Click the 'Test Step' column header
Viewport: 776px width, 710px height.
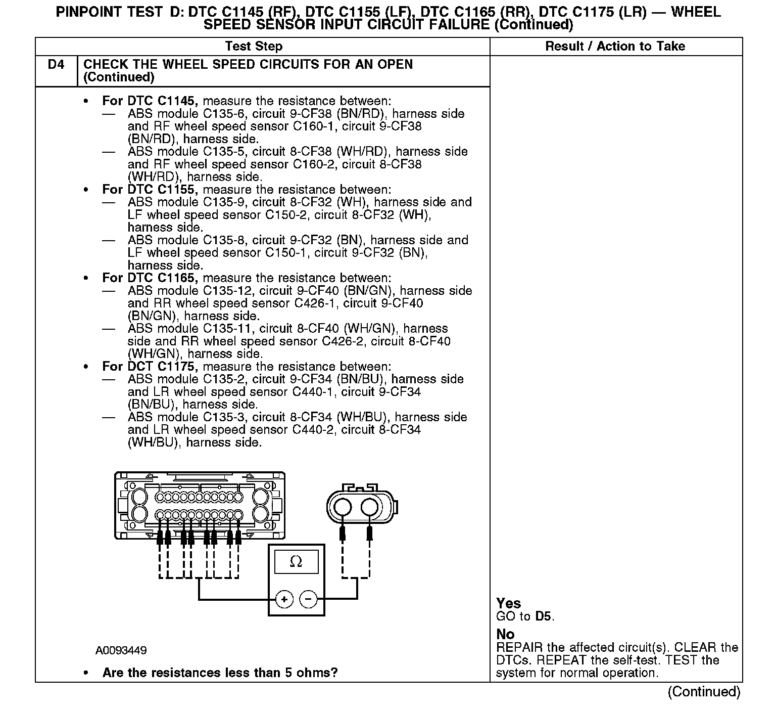coord(254,47)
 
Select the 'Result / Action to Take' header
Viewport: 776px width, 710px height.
coord(615,47)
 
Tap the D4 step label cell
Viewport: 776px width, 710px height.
coord(56,65)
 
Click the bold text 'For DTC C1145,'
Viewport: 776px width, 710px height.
coord(150,101)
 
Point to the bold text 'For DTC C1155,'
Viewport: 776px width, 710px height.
coord(150,190)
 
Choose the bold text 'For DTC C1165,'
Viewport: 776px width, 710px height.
coord(150,278)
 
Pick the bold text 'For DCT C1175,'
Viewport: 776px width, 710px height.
coord(150,367)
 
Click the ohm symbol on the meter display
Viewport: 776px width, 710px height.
coord(296,562)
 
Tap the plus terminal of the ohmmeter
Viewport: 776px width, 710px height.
coord(284,599)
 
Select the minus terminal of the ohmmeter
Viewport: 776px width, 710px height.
coord(309,599)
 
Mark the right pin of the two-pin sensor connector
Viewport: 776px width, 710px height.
coord(370,507)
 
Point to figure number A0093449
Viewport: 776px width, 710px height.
coord(121,650)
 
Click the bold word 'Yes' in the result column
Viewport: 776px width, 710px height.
coord(508,603)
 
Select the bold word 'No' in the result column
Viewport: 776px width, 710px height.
coord(505,634)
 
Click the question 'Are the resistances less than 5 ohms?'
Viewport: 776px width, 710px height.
coord(220,673)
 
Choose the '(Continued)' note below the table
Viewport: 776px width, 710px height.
coord(704,692)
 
